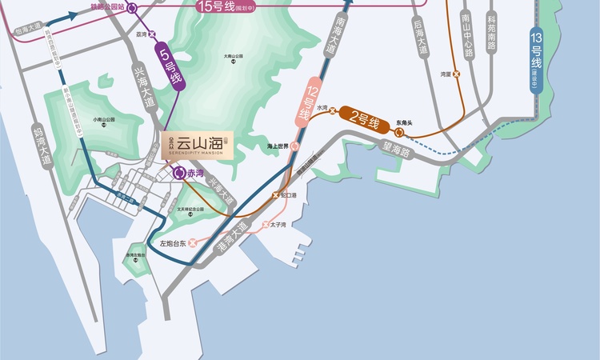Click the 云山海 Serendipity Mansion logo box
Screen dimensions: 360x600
click(198, 146)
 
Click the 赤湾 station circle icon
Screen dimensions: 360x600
click(179, 173)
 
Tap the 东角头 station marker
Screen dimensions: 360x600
click(398, 132)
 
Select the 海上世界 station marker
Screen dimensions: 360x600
click(294, 146)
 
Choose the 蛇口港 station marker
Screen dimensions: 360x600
click(276, 195)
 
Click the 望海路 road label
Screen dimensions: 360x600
click(397, 148)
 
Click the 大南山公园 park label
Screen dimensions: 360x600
click(233, 57)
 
